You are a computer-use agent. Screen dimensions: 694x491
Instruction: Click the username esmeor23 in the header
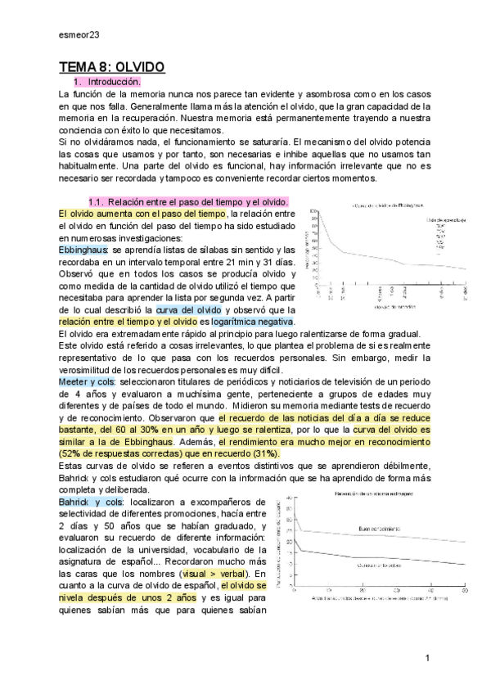pos(79,35)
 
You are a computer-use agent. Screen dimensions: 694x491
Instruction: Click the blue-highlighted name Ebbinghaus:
pos(84,250)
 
